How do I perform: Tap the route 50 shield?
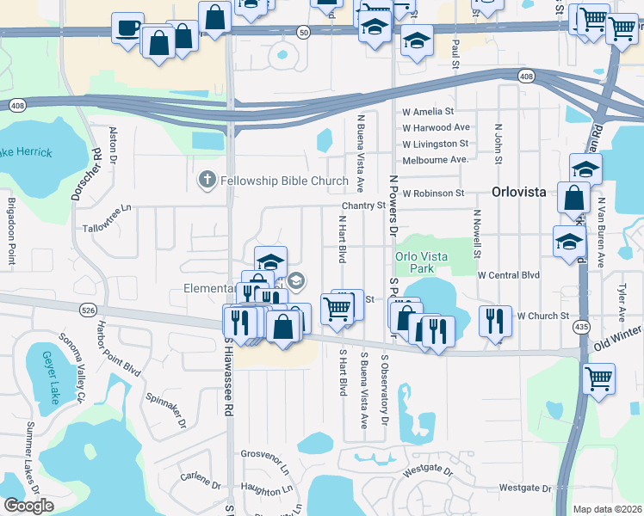303,32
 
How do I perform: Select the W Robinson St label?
433,193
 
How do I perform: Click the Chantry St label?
363,206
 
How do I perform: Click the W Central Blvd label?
508,275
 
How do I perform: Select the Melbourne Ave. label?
435,160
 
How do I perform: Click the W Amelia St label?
428,112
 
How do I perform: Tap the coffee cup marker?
128,27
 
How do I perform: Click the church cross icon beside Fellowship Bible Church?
207,181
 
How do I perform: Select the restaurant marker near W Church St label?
495,321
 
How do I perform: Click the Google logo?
29,506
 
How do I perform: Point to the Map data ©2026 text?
608,509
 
